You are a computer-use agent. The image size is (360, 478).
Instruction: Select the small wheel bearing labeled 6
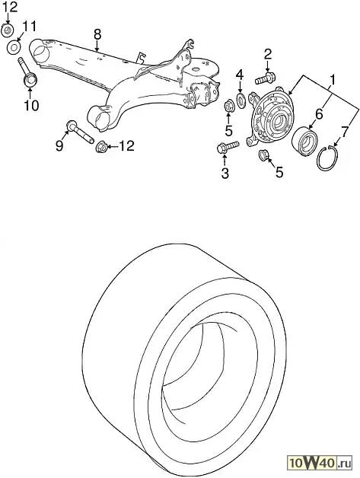[304, 139]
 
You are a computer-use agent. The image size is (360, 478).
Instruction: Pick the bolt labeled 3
[228, 146]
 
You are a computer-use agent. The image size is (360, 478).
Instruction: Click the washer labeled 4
[241, 100]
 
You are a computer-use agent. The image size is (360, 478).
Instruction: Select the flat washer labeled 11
[14, 47]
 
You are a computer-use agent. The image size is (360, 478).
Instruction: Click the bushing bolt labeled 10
[27, 74]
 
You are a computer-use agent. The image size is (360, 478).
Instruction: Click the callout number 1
[333, 80]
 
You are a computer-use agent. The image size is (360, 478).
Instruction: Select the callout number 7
[344, 132]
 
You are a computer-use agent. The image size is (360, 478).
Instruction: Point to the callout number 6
[319, 114]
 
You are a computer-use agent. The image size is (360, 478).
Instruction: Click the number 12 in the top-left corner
[9, 7]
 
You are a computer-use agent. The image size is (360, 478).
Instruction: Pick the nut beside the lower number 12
[101, 148]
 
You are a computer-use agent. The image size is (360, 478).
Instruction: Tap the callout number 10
[31, 105]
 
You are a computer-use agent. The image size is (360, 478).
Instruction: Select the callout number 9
[59, 145]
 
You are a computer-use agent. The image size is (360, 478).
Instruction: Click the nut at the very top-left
[8, 30]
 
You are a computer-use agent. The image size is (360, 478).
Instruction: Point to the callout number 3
[225, 173]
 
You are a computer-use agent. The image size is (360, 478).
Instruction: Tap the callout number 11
[29, 26]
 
